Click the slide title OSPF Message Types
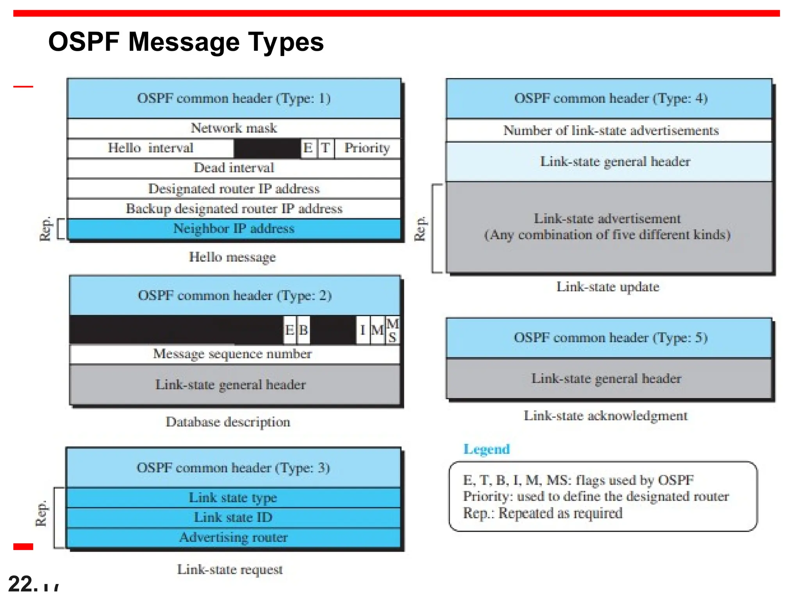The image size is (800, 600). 186,42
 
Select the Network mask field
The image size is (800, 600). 234,128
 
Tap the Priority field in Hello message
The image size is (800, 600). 367,148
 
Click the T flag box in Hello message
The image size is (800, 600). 326,148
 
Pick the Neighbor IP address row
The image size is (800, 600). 234,229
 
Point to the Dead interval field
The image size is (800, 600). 234,168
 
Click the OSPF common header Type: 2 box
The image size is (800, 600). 234,295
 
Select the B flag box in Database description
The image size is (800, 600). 304,330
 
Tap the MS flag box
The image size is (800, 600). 393,330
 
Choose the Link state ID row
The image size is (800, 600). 233,518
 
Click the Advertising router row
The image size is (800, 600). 233,537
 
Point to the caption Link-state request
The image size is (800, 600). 230,570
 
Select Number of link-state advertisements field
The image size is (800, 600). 611,130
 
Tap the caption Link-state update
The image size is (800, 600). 608,287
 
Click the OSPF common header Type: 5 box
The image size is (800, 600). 610,338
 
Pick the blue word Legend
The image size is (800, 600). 486,449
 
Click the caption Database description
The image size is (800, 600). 228,422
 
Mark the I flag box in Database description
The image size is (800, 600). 363,330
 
